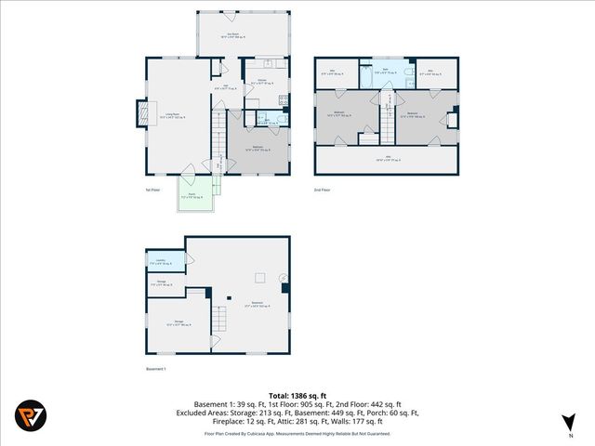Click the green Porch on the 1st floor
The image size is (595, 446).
tap(196, 196)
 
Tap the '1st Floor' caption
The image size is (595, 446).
tap(154, 190)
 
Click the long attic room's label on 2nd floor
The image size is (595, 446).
tap(386, 161)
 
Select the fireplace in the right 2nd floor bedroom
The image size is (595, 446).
tap(453, 119)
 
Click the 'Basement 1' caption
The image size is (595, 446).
tap(157, 369)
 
